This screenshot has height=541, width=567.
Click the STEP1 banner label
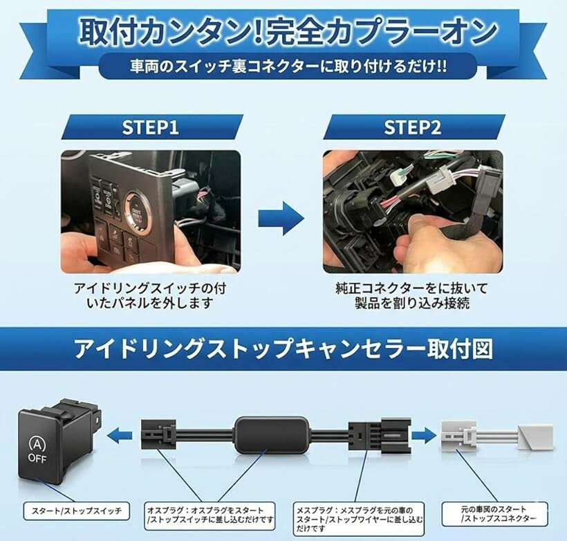(x=151, y=127)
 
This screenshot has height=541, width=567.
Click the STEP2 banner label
(x=413, y=127)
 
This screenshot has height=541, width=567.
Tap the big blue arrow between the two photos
(x=281, y=219)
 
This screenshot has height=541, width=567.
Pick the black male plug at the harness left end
(x=159, y=434)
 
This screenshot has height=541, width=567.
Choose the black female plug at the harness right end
(x=380, y=435)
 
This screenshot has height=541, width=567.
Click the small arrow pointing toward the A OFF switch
(x=120, y=434)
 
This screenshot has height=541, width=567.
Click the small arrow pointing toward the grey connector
(x=425, y=434)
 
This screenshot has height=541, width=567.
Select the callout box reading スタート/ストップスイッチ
(x=76, y=511)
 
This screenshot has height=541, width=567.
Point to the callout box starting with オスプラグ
(x=210, y=515)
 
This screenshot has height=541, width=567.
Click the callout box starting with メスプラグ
(x=358, y=519)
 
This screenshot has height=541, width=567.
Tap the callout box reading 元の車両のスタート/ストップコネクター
(x=494, y=514)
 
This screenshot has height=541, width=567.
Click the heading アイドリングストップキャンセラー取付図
(x=283, y=349)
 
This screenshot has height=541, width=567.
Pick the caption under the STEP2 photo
(x=412, y=295)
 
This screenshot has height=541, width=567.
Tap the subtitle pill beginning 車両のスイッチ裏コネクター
(x=288, y=66)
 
